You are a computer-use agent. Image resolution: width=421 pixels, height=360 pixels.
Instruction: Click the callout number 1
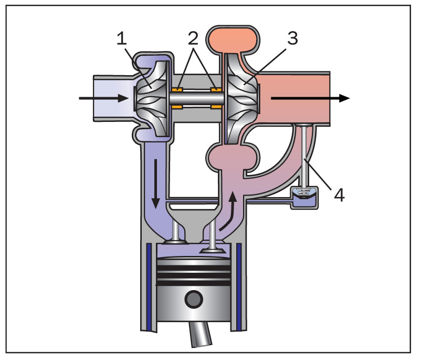(122, 38)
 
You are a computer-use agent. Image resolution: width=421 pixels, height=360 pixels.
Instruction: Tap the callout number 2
(193, 38)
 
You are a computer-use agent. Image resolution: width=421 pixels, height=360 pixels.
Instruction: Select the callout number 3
(293, 38)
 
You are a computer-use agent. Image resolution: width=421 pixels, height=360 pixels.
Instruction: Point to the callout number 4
(339, 195)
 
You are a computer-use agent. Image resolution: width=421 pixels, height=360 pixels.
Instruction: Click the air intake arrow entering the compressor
(103, 98)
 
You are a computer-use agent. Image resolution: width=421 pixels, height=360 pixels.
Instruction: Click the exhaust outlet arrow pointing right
(310, 98)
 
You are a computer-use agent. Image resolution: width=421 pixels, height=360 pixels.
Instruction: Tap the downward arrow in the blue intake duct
(155, 184)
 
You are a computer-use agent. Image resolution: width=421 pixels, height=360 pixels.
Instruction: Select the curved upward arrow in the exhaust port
(229, 211)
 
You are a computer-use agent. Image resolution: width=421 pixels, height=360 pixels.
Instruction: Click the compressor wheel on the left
(152, 98)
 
